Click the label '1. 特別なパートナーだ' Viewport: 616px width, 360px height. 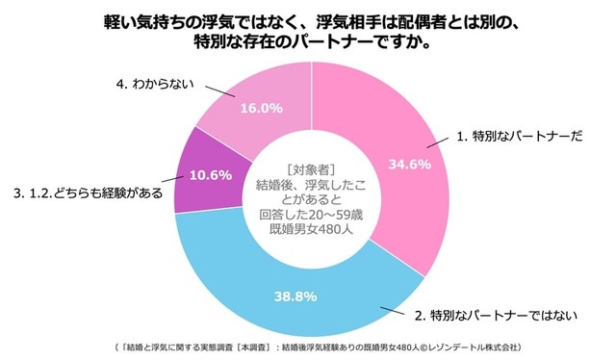tap(519, 138)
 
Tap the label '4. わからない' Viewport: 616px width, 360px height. tap(155, 85)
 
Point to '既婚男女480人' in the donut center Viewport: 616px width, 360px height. tap(311, 229)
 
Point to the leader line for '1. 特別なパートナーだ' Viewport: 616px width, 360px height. tap(438, 145)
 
